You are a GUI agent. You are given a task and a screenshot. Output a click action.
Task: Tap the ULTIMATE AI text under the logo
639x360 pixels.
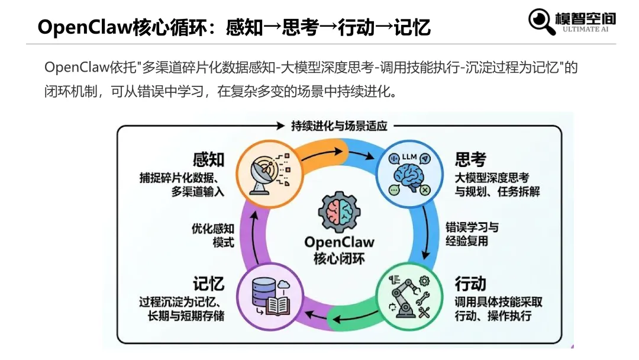[x=589, y=29]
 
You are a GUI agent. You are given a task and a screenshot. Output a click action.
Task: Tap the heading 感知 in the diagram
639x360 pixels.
[x=208, y=159]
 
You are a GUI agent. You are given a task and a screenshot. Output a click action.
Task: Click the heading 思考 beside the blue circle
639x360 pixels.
[x=470, y=159]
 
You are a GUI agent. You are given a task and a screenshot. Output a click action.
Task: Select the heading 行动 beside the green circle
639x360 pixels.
[x=470, y=282]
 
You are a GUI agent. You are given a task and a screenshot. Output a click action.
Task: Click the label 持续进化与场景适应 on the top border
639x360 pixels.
[x=339, y=126]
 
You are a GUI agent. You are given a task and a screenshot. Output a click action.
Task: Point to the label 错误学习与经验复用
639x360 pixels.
[x=472, y=234]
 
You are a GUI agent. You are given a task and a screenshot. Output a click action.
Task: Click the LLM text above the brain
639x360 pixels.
[x=409, y=157]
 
